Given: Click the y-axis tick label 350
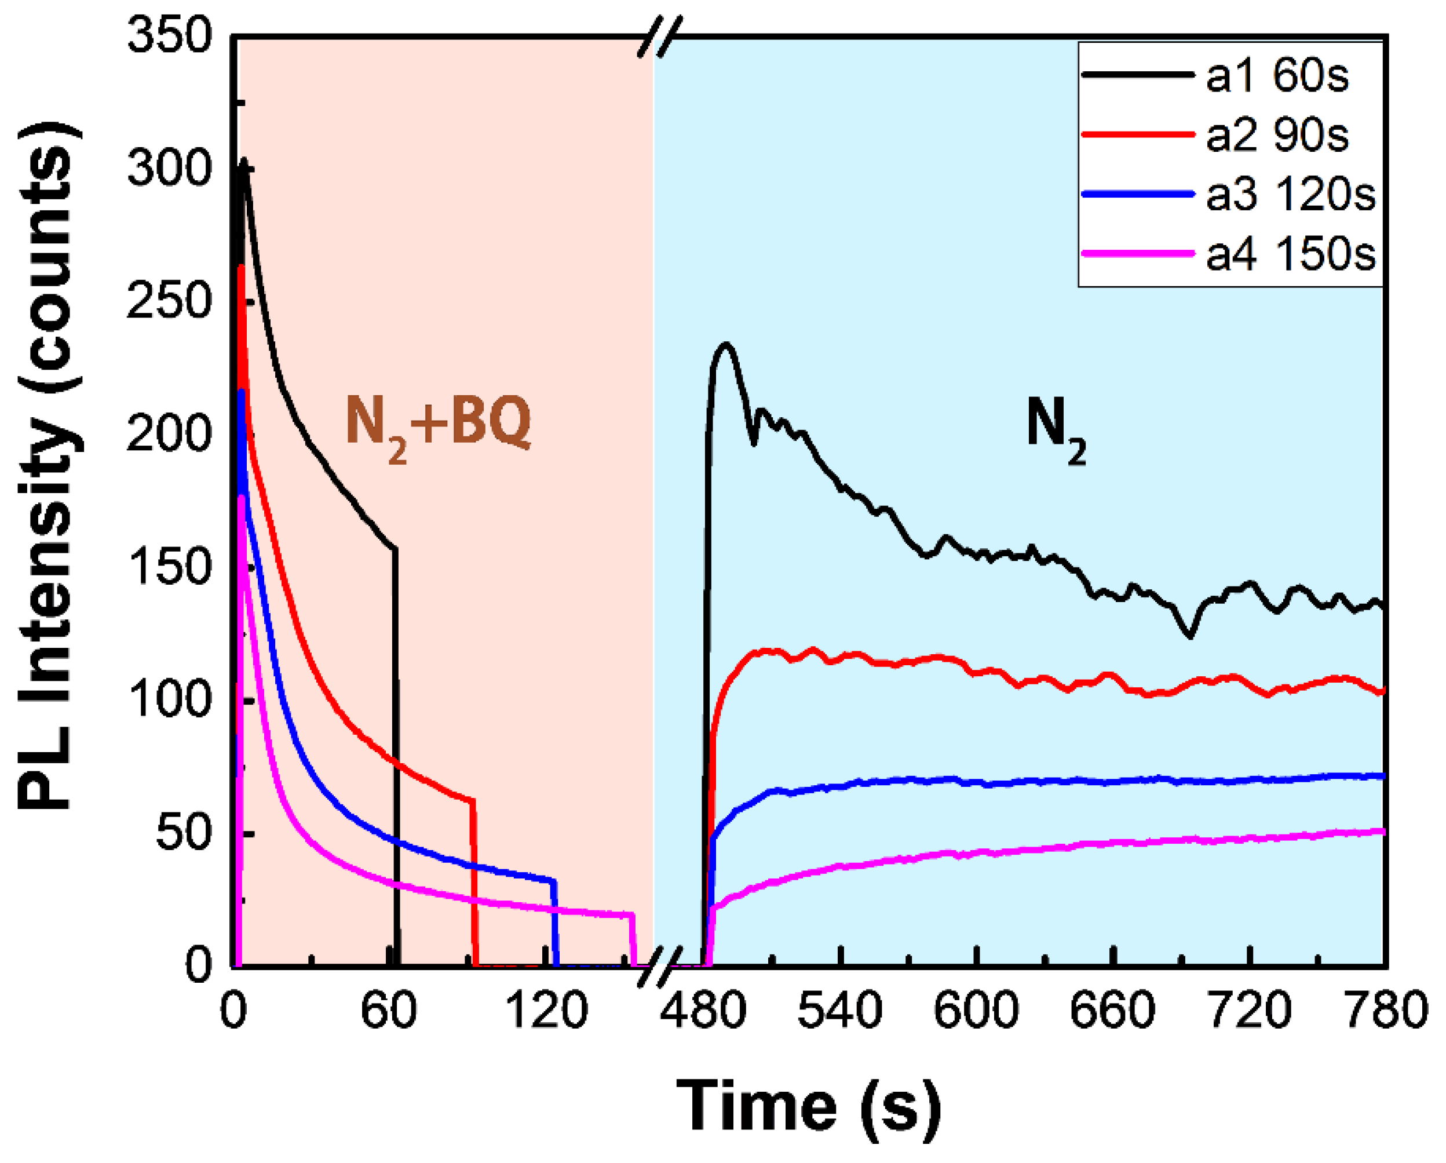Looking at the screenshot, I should pos(170,35).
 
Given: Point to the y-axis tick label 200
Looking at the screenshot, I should pos(170,434).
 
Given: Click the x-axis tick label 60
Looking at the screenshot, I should pos(388,1011).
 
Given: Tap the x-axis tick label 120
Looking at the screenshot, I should pos(545,1011).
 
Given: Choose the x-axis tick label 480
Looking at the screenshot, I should pos(702,1011).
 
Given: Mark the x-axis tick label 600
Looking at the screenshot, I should pos(976,1011).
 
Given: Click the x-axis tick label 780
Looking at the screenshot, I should pos(1385,1011).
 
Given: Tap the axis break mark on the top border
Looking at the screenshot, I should pos(659,37).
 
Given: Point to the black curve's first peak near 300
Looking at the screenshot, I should pos(244,162).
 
